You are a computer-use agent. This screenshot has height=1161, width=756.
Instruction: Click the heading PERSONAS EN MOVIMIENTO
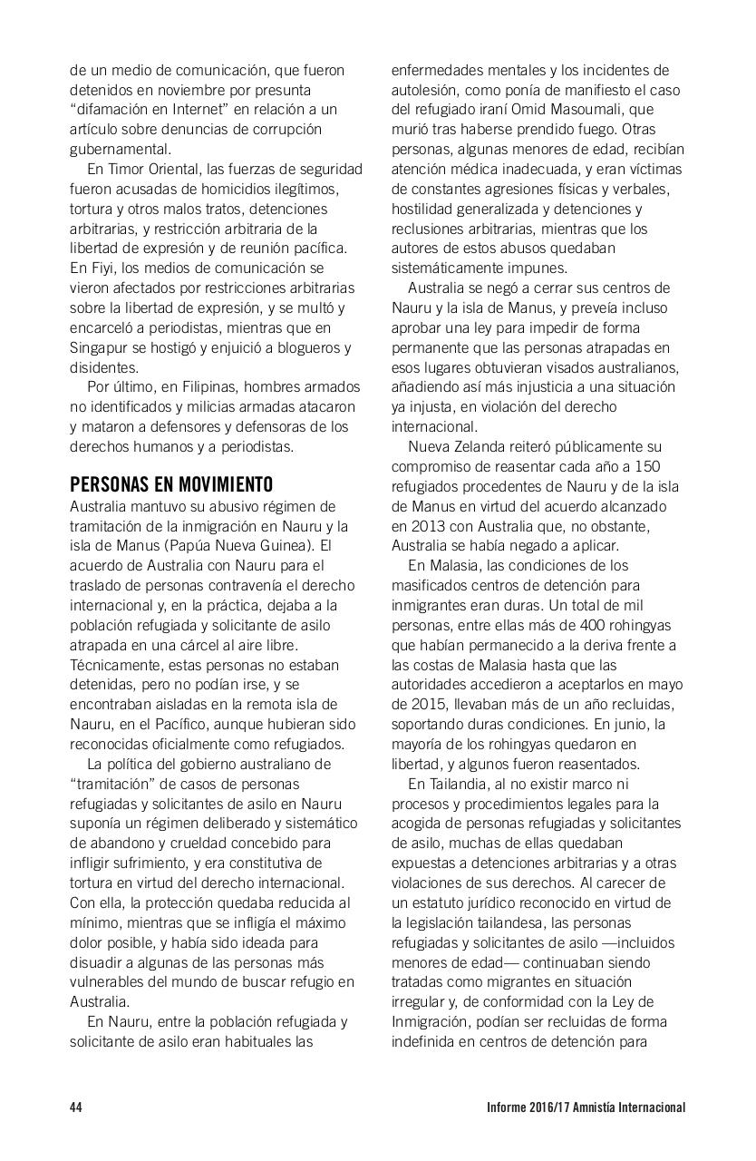click(171, 484)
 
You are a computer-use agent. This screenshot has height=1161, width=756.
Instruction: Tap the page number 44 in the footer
click(76, 1107)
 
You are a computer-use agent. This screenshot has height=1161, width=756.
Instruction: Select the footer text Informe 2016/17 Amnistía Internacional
click(586, 1107)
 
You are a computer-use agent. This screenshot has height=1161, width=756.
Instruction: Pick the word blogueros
click(309, 347)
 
